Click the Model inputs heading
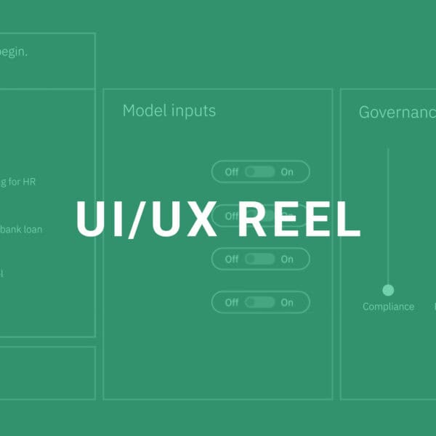click(169, 110)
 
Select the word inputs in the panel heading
click(193, 111)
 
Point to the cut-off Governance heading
click(397, 112)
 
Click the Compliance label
click(388, 307)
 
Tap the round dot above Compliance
click(388, 290)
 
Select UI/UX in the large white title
click(146, 217)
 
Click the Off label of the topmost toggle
click(231, 172)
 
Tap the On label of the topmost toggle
click(287, 172)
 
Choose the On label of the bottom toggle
click(287, 302)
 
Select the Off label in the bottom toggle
click(231, 302)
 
